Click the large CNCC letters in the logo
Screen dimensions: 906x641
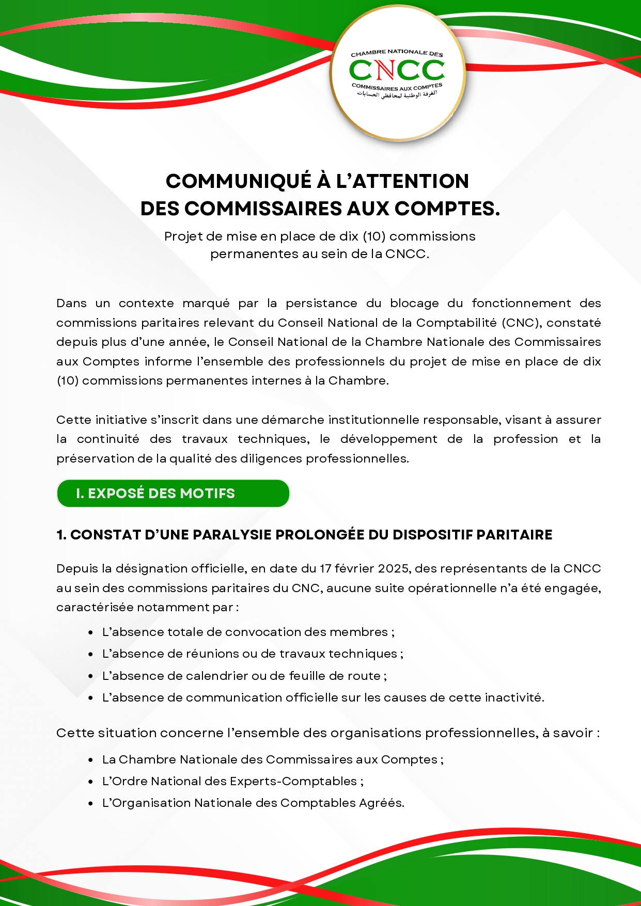[397, 70]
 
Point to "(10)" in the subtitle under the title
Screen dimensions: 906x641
[373, 236]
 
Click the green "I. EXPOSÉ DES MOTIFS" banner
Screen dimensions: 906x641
[173, 494]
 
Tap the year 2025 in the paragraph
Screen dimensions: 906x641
[394, 568]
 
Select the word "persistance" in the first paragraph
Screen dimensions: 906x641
[321, 304]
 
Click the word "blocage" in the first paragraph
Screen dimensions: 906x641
[414, 304]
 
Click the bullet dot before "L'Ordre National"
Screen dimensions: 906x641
[91, 782]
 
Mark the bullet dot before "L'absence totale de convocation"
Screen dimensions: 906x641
[91, 632]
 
